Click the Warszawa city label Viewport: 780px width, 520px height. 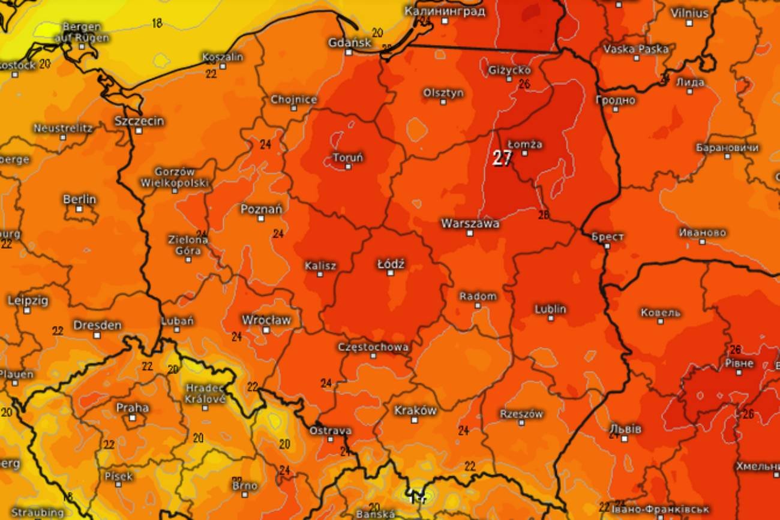(470, 223)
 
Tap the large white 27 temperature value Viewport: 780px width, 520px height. (502, 158)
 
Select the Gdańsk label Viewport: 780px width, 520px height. (348, 42)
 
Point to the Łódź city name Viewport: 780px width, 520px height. (391, 263)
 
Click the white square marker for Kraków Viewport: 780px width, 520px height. (414, 420)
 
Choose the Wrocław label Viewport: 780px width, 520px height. (266, 320)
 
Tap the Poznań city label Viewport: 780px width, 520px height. (261, 209)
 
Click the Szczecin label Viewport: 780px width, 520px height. (139, 121)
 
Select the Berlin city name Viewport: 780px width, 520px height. (79, 199)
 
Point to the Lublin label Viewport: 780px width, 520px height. (550, 309)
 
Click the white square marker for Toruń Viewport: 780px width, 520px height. (348, 167)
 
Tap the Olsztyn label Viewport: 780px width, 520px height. (443, 93)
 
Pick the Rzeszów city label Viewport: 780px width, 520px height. (521, 414)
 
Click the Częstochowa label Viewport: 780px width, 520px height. (373, 347)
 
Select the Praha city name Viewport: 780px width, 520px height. (132, 407)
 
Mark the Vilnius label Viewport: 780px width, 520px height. (689, 13)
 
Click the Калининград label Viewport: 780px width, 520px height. (445, 11)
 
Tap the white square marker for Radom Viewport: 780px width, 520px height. (478, 305)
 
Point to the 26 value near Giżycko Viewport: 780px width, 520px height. (524, 84)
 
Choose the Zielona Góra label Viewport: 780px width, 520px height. (188, 245)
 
